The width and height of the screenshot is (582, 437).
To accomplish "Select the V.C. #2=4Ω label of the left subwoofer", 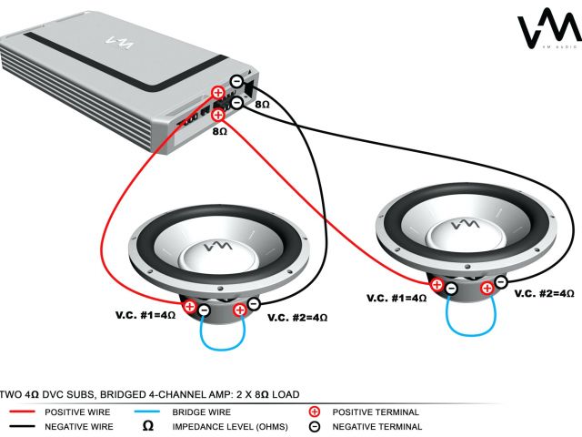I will coord(297,318).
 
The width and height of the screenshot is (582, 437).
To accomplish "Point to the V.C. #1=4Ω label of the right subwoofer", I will coord(396,298).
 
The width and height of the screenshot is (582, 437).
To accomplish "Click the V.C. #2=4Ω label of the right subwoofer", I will coord(545,294).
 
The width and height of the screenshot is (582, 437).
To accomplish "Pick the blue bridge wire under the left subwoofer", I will coord(221,347).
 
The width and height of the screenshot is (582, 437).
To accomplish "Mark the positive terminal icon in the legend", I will coord(315,412).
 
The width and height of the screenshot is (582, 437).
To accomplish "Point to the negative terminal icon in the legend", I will coord(315,426).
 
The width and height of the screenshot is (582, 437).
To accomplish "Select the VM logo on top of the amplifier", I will coord(119,40).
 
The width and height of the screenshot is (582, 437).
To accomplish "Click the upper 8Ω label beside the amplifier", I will coord(261,106).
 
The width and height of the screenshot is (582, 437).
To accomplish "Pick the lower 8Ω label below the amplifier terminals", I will coord(219,132).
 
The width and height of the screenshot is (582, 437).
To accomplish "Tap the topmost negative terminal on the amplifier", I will coord(236,81).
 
